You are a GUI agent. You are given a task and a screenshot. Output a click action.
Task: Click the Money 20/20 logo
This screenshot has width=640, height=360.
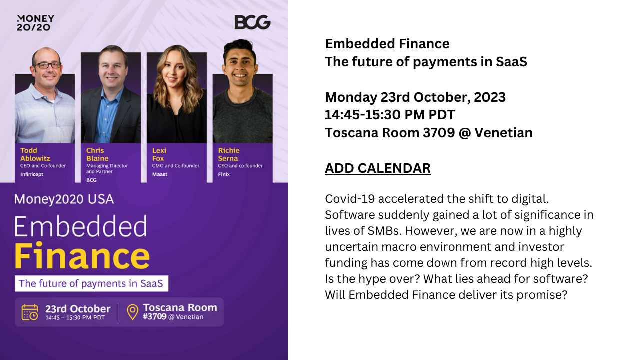click(35, 23)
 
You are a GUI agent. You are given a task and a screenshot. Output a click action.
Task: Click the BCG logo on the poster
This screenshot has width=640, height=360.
click(252, 22)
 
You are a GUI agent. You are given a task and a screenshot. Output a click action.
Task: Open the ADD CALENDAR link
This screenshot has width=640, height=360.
click(377, 168)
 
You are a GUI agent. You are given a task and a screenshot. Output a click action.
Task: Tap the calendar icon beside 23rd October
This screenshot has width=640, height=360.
click(30, 312)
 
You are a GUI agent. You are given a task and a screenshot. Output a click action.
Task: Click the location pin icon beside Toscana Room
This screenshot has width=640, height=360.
click(132, 312)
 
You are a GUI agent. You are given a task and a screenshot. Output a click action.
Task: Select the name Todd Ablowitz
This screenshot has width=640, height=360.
click(35, 154)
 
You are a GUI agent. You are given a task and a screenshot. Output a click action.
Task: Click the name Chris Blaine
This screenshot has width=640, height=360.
click(97, 154)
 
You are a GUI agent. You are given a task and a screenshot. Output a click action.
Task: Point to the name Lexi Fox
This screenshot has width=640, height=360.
click(159, 154)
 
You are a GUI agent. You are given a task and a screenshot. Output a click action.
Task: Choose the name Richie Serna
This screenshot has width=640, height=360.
click(229, 154)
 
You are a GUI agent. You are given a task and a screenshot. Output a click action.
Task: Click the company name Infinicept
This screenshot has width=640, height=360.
click(31, 174)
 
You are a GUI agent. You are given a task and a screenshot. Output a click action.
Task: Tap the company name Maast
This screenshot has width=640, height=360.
click(159, 174)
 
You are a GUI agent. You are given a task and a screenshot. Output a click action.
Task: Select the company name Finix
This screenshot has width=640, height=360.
click(224, 174)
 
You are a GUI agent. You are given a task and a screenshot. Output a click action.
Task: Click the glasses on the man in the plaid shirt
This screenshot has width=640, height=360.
click(47, 65)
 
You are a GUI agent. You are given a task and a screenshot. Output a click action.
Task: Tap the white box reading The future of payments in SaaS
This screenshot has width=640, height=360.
click(91, 283)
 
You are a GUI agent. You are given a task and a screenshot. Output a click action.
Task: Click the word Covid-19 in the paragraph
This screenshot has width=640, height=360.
click(350, 199)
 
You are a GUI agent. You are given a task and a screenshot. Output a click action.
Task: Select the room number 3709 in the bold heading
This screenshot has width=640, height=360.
click(439, 133)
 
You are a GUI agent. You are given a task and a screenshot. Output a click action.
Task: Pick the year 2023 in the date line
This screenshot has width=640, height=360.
click(490, 97)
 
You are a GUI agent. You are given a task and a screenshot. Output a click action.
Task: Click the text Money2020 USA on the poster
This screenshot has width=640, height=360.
click(64, 199)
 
